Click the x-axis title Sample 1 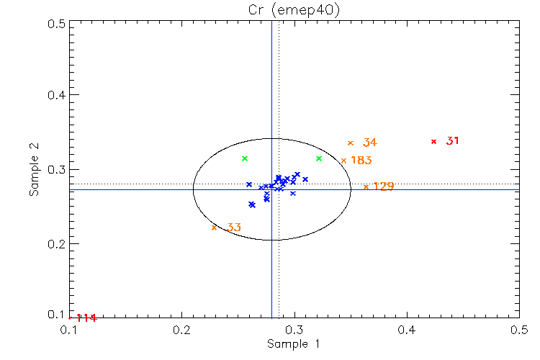293,344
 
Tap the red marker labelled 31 433,141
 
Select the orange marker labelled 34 351,143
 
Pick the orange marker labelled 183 343,161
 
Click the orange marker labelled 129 366,187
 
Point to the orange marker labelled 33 214,228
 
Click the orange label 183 361,161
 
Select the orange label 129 384,187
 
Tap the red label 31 453,141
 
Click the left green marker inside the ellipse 245,158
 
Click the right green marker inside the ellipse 319,158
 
